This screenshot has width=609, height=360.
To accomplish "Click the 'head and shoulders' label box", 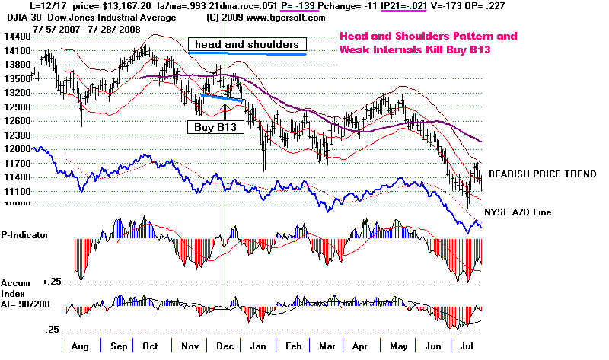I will pos(247,44).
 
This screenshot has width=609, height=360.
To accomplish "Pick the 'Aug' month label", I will pos(77,346).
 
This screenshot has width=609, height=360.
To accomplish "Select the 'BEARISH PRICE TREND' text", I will pos(542,174).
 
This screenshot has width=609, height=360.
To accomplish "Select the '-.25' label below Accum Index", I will pos(52,330).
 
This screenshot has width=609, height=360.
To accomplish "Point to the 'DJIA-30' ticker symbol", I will pos(17,16).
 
